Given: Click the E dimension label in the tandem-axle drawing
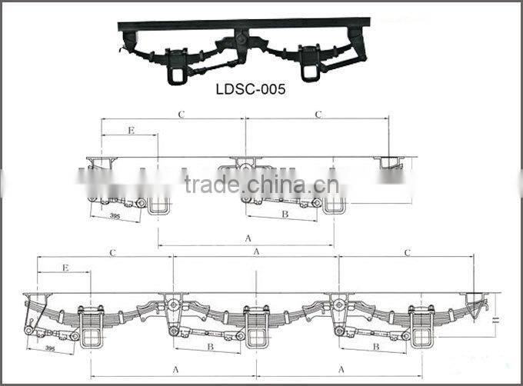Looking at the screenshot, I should pos(131,131).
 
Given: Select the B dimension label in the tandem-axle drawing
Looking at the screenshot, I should pos(284,215).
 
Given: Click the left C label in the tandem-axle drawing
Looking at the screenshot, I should pos(182,115).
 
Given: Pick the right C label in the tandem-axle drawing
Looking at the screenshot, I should pos(318,115).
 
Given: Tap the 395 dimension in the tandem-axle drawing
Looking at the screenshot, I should pos(114,216).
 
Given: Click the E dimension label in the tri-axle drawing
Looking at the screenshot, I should pos(65,268).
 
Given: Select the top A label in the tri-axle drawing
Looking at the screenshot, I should pos(256,251).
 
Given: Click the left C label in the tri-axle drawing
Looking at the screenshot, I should pos(112,252).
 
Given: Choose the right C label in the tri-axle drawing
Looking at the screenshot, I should pos(407,252).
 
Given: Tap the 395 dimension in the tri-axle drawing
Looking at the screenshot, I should pos(50,348).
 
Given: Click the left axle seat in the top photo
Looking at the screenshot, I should pos(177,64).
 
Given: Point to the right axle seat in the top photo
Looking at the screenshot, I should pos(310,64).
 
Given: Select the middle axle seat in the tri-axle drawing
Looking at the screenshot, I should pos(256,327).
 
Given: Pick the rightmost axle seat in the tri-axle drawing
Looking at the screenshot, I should pos(421,327).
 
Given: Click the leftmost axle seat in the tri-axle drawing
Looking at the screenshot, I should pos(92,328).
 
